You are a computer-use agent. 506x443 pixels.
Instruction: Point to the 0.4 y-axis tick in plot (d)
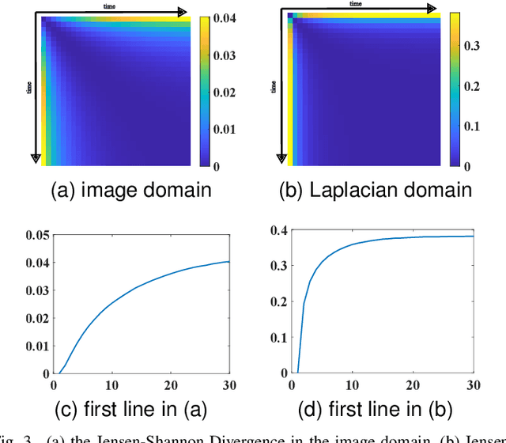click(278, 230)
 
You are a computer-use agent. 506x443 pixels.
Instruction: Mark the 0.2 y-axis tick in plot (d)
click(278, 301)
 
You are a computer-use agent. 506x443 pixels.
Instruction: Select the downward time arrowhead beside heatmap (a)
click(34, 159)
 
